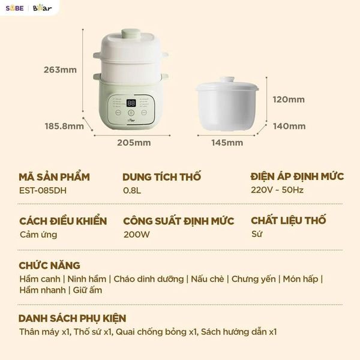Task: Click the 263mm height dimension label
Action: tap(60, 70)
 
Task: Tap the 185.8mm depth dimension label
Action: tap(64, 126)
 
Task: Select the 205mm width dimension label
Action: tap(134, 143)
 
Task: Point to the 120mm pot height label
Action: tap(289, 100)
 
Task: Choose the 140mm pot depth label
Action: tap(289, 126)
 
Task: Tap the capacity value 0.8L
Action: tap(133, 191)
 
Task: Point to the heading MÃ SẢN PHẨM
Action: tap(54, 176)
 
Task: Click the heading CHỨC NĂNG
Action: tap(49, 265)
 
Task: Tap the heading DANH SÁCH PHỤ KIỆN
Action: tap(72, 318)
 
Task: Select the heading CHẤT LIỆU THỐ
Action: tap(289, 220)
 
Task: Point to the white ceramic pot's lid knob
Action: tap(227, 80)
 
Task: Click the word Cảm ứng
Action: tap(38, 235)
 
